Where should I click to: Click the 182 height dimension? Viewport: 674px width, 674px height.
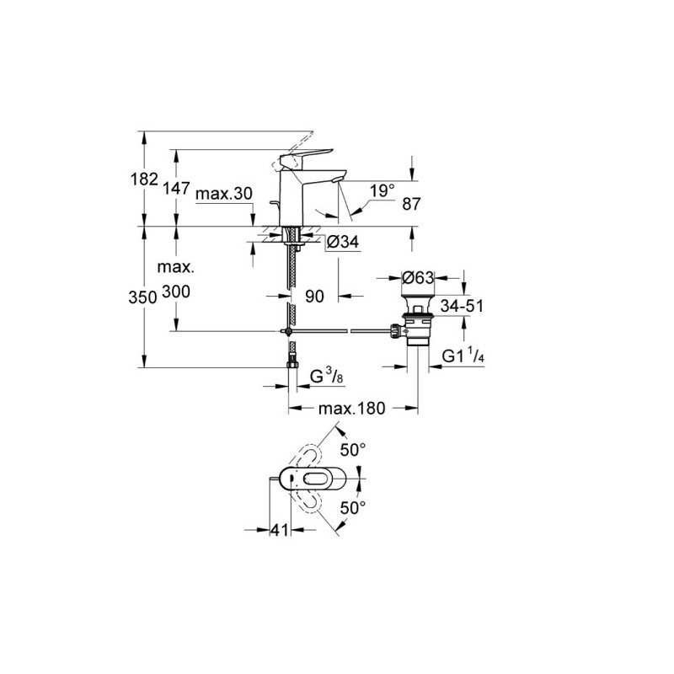(144, 179)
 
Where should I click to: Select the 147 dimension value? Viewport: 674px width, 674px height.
(176, 188)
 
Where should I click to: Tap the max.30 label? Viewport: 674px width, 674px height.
(224, 194)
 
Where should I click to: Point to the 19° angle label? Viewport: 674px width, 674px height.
(382, 190)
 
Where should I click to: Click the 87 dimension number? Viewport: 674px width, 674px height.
(411, 204)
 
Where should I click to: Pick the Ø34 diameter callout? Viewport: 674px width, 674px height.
(342, 242)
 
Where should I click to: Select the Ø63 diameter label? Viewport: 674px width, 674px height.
(418, 278)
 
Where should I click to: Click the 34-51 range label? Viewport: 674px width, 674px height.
(462, 306)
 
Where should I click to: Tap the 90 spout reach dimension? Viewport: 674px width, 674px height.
(314, 297)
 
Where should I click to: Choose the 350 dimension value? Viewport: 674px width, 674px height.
(142, 297)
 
